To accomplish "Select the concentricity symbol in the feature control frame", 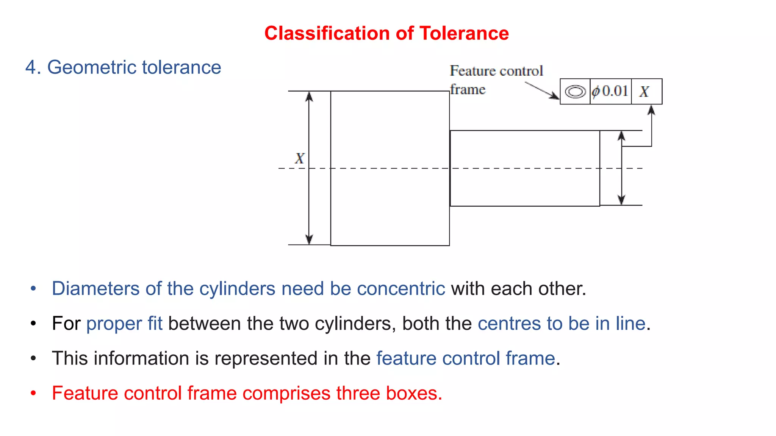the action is point(575,92).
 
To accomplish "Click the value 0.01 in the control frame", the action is point(615,91).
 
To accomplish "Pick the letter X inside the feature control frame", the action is point(644,92).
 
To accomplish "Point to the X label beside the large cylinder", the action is point(299,158).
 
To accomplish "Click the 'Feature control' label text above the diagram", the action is point(496,71).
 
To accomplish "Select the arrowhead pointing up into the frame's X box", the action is point(651,110).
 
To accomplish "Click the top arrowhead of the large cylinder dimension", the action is point(309,97).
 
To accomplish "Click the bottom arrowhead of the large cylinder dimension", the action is point(309,240).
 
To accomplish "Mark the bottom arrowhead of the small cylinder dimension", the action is point(621,200).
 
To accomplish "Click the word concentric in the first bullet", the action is point(401,289).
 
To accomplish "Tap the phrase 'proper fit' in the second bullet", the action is point(124,324).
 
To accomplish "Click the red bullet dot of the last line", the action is point(33,393).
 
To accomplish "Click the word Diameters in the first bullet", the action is point(95,289).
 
